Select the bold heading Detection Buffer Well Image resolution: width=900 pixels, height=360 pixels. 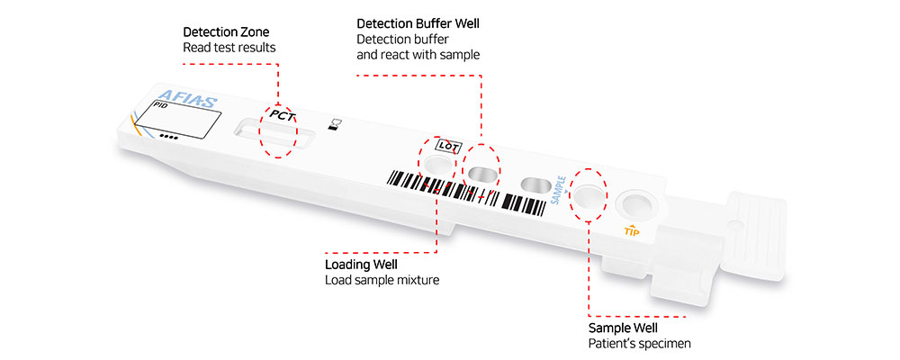point(418,23)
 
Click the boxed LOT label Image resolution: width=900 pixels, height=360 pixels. point(447,144)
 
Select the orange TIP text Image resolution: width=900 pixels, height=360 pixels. point(634,231)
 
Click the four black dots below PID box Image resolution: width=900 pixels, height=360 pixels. point(168,138)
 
